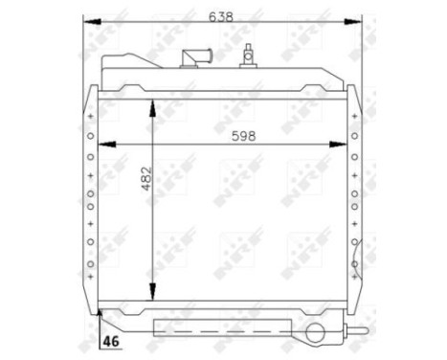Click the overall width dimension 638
click(x=222, y=16)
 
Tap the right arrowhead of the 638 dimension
click(x=359, y=21)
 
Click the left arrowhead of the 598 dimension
click(x=102, y=145)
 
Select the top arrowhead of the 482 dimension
click(x=151, y=102)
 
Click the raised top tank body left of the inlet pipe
click(x=144, y=71)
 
